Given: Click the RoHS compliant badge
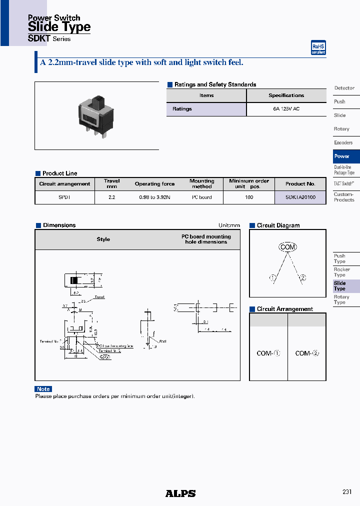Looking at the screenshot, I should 318,47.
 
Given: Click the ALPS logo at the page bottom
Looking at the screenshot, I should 180,493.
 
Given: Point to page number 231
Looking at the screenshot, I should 347,492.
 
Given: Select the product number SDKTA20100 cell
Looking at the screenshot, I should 300,197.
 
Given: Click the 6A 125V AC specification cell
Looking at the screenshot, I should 286,108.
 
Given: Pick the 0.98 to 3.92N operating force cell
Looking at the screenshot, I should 154,197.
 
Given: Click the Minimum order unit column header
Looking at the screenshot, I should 249,183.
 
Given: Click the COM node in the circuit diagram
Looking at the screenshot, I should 287,247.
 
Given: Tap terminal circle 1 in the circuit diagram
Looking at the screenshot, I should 273,278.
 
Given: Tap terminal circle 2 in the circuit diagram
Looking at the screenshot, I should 302,278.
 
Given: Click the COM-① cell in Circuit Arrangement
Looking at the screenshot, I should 268,353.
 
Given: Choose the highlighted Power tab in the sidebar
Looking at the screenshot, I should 346,156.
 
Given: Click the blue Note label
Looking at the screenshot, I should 43,389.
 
